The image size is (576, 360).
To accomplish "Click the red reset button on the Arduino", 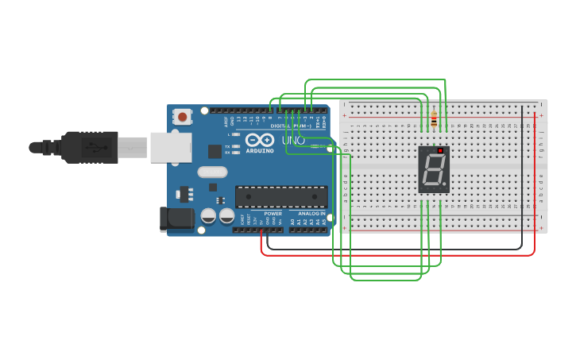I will point(183,117).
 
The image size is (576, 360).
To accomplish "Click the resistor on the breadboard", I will point(434,119).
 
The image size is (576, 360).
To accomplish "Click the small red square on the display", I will point(440,150).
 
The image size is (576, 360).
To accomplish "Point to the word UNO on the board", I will point(294,141).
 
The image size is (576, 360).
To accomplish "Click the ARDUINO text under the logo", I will point(260,150).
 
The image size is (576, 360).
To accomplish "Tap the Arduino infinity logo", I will point(260,139).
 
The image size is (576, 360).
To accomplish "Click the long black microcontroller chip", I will point(281,196).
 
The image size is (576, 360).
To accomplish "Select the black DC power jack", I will point(176,219).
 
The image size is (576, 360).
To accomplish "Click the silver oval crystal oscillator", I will point(212,172).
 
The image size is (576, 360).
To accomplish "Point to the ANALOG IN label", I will point(311,213).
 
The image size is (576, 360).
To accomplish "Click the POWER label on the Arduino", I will point(273,213).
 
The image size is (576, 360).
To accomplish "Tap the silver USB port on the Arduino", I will point(170,147).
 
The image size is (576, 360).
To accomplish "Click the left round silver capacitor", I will point(208,215).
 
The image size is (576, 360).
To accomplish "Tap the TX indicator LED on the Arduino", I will point(237,146).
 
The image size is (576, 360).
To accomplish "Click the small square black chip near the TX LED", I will point(215,151).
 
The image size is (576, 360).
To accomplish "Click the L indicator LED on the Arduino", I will point(237,135).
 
